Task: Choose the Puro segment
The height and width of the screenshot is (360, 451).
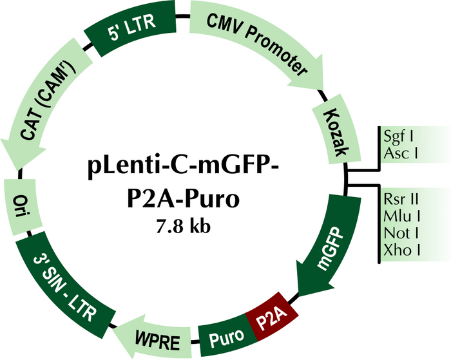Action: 225,336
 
